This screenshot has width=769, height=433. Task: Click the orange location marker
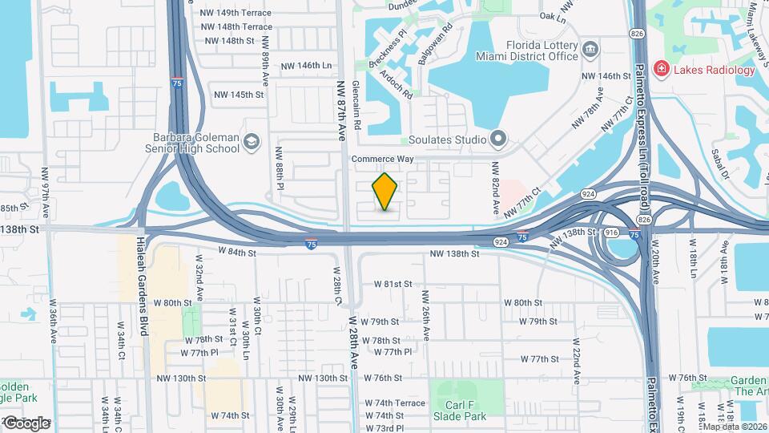pos(385,191)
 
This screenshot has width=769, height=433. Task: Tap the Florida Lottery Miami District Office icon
pos(590,51)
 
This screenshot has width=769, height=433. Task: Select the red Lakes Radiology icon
pos(662,70)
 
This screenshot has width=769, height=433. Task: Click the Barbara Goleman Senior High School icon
pos(253,142)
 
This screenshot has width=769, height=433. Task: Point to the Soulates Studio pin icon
pos(499,140)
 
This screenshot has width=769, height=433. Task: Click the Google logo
pos(26,423)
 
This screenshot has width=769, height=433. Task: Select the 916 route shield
pos(611,232)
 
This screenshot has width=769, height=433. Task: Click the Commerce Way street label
pos(382,160)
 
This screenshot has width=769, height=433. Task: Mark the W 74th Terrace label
pos(395,403)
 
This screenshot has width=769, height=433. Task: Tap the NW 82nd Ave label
pos(497,186)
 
